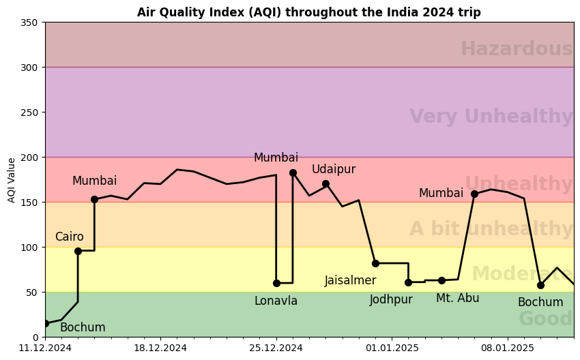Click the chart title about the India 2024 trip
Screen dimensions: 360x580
[308, 12]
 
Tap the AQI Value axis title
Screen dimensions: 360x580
[12, 180]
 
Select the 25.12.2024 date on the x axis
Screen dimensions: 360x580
[276, 348]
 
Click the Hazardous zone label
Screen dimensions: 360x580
[516, 49]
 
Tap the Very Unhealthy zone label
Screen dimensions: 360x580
[491, 117]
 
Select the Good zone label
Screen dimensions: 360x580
[545, 319]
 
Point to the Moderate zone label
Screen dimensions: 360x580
[522, 274]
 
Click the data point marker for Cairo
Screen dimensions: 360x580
[78, 251]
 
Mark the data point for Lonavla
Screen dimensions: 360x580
[276, 283]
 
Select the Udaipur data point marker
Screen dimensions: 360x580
[325, 183]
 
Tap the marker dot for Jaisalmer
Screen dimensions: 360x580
[375, 263]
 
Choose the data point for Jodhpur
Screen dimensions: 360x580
[408, 282]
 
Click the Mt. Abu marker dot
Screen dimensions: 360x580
[441, 280]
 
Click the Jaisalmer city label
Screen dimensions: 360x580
[350, 280]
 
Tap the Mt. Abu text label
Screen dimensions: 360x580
[457, 298]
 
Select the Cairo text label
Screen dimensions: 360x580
[69, 237]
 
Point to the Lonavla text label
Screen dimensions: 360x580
[276, 301]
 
